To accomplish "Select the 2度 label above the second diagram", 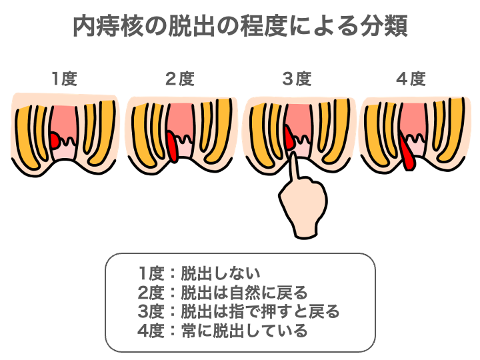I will pos(179,79).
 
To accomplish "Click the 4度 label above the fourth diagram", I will pos(411,79).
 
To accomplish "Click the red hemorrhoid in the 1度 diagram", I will pos(55,140).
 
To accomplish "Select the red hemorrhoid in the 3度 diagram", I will pos(289,140).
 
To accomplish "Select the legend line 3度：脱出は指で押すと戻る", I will pos(239,311).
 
